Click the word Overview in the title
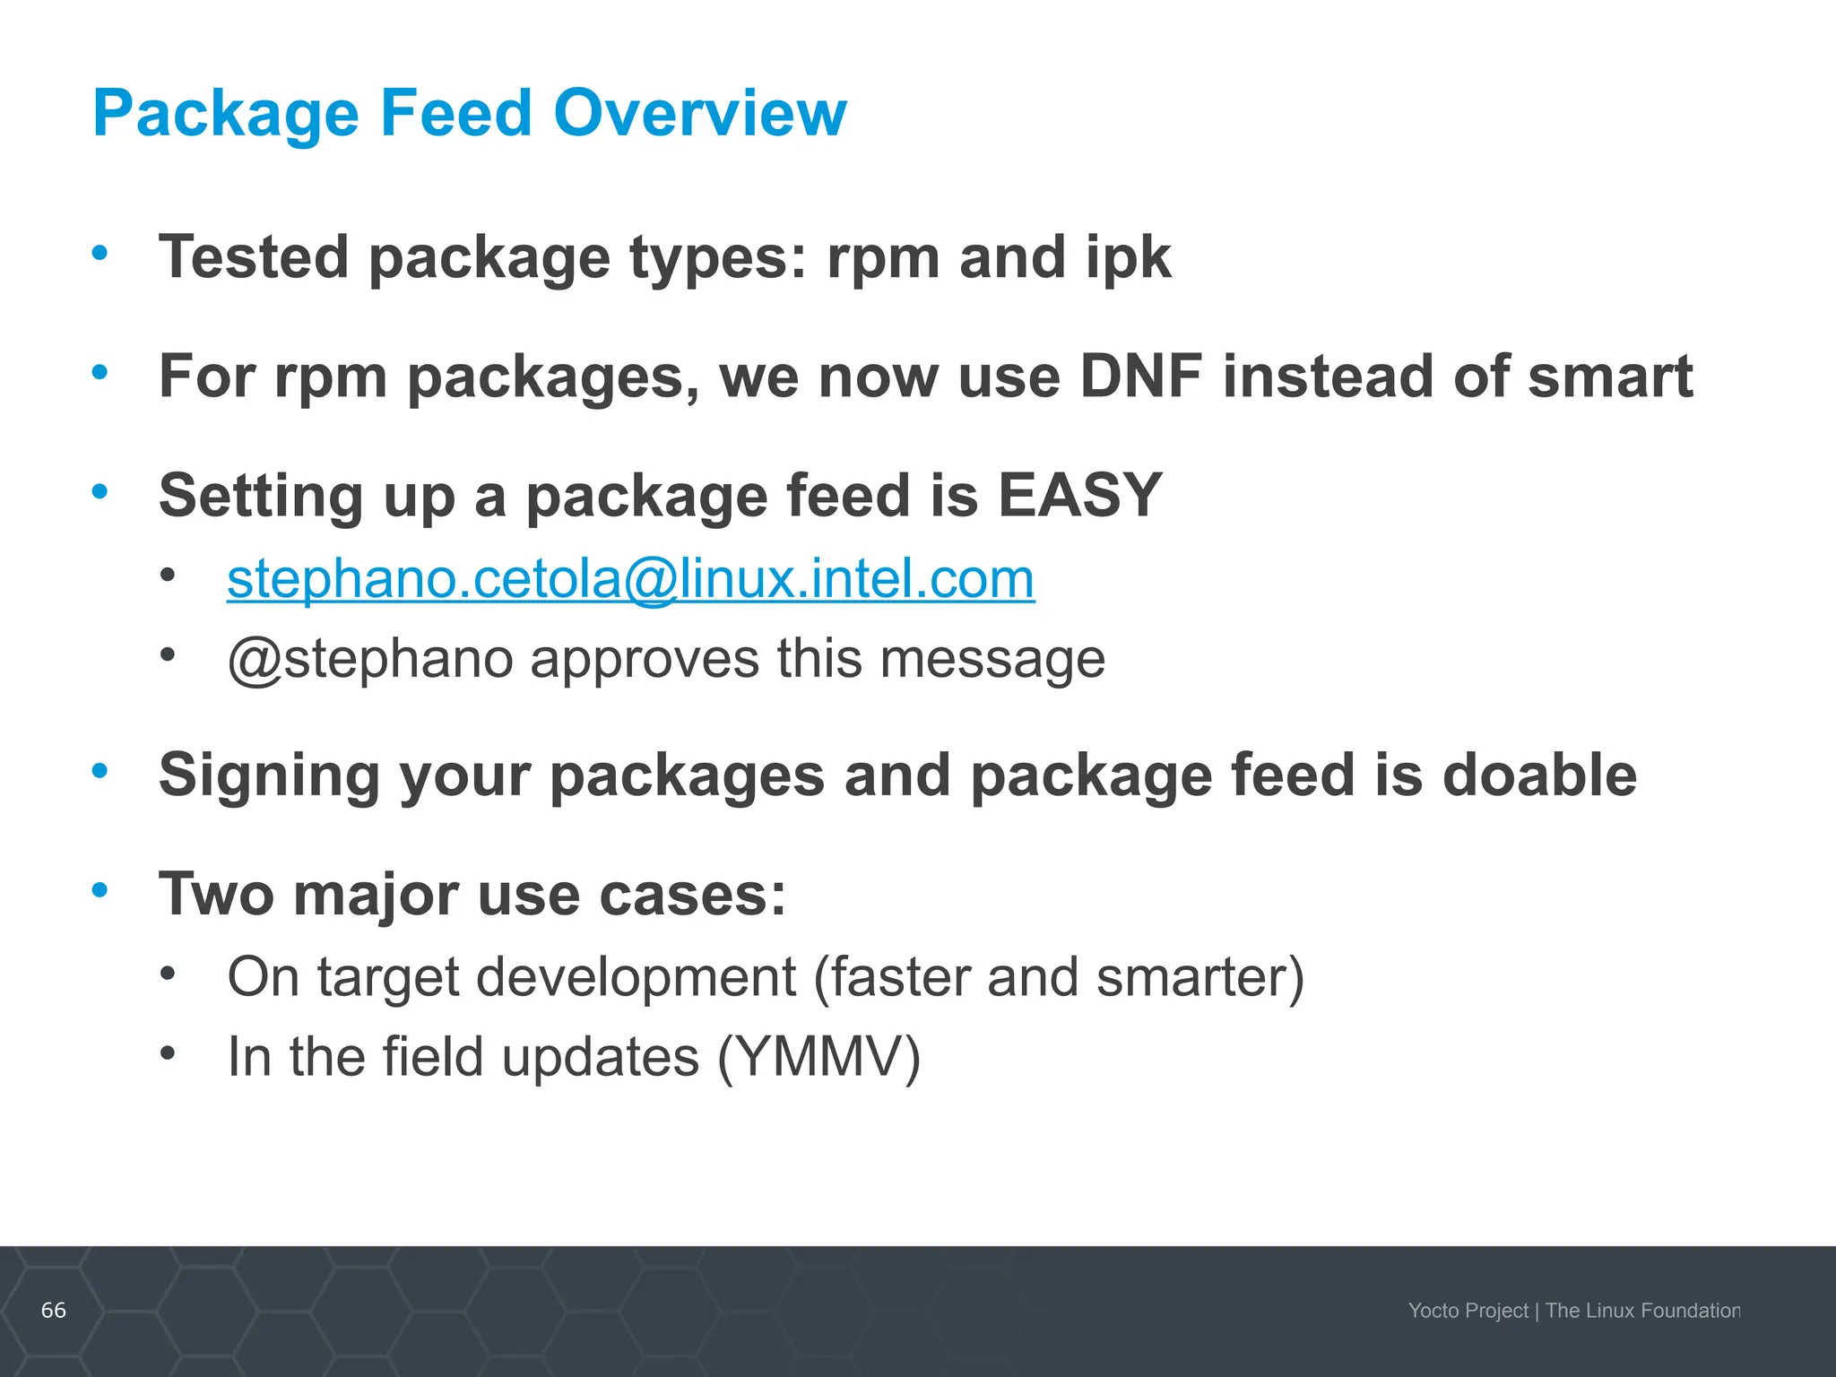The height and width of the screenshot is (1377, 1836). (x=699, y=113)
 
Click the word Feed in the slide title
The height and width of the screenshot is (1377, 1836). (x=455, y=113)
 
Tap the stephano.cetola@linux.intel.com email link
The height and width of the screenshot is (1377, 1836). (x=630, y=578)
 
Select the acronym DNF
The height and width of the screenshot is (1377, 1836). (x=1140, y=376)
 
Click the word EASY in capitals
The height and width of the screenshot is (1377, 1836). (x=1079, y=495)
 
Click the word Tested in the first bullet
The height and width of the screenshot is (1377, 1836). (x=254, y=257)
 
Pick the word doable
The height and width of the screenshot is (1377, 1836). (x=1539, y=775)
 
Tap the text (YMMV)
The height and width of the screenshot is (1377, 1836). (x=818, y=1056)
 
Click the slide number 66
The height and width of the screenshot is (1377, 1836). (x=54, y=1310)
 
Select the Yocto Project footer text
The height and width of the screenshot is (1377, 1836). (x=1468, y=1311)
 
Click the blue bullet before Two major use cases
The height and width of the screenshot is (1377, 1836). (x=100, y=890)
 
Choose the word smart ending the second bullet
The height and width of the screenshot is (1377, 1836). (x=1609, y=376)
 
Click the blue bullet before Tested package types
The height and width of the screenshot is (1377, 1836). (x=100, y=253)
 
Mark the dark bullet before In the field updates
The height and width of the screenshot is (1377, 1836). (x=168, y=1052)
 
